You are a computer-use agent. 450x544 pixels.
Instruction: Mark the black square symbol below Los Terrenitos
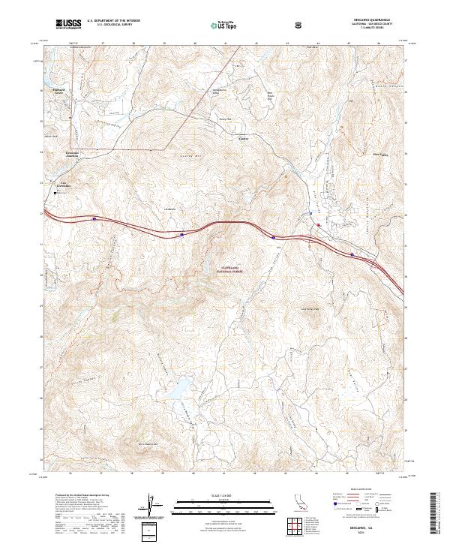pos(55,194)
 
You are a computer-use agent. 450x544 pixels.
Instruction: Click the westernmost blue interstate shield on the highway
pos(94,219)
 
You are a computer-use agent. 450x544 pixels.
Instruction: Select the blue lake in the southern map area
pos(180,389)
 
